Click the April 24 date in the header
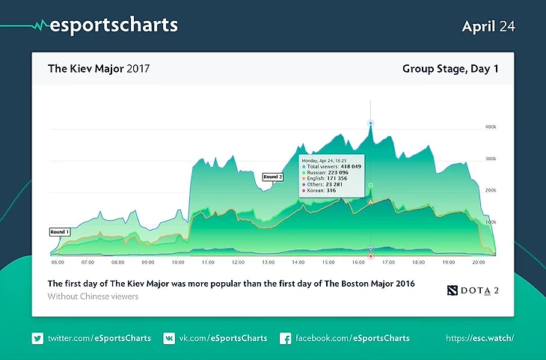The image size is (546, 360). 488,26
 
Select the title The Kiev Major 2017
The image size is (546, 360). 99,69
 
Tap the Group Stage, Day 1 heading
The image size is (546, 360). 450,69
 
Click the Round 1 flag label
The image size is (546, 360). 59,232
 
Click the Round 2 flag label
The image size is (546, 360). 272,177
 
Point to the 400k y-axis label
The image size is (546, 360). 491,127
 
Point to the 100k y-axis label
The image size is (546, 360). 491,223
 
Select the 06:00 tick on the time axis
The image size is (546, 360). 58,263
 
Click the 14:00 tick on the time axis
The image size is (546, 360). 298,263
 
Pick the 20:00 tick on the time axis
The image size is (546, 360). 478,263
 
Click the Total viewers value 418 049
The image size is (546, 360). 348,166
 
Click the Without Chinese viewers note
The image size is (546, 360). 93,297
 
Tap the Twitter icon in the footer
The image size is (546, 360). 37,338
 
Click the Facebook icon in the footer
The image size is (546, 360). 285,338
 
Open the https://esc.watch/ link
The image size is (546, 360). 479,338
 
